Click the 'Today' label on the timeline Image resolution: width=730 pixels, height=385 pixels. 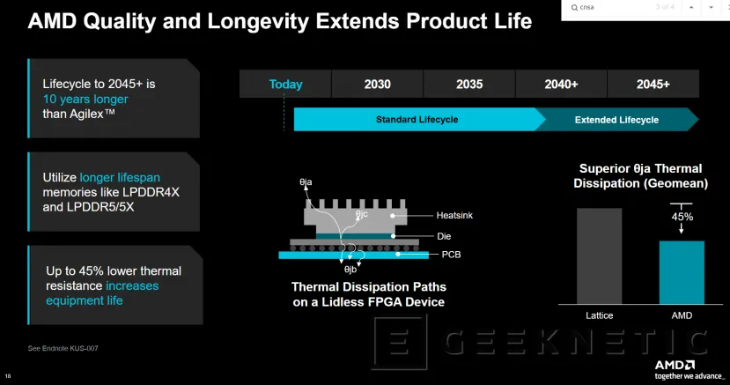tap(285, 85)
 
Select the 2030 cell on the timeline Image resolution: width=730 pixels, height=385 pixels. tap(378, 85)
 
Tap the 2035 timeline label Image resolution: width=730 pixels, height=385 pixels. tap(469, 85)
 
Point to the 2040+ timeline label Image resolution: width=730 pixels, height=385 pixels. tap(561, 85)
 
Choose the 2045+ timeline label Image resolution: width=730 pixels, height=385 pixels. tap(653, 85)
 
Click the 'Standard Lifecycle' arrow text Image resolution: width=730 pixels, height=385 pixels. tap(417, 120)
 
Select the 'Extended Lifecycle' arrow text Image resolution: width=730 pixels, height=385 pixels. tap(616, 120)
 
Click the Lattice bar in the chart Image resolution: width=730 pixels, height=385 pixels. tap(599, 255)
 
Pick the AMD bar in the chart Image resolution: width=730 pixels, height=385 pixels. tap(682, 272)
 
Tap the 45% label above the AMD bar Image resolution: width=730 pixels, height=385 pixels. tap(682, 216)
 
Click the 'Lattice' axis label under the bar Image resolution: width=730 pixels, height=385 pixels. tap(599, 315)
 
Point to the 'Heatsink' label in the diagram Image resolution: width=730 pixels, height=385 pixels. tap(455, 216)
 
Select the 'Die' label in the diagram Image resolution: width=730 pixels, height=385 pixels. tap(445, 236)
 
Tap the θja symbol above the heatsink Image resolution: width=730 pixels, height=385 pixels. tap(306, 181)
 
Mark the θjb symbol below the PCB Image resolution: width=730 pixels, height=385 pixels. tap(350, 269)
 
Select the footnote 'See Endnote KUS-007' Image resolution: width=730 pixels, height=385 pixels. tap(63, 349)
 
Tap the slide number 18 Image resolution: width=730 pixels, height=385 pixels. tap(8, 376)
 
